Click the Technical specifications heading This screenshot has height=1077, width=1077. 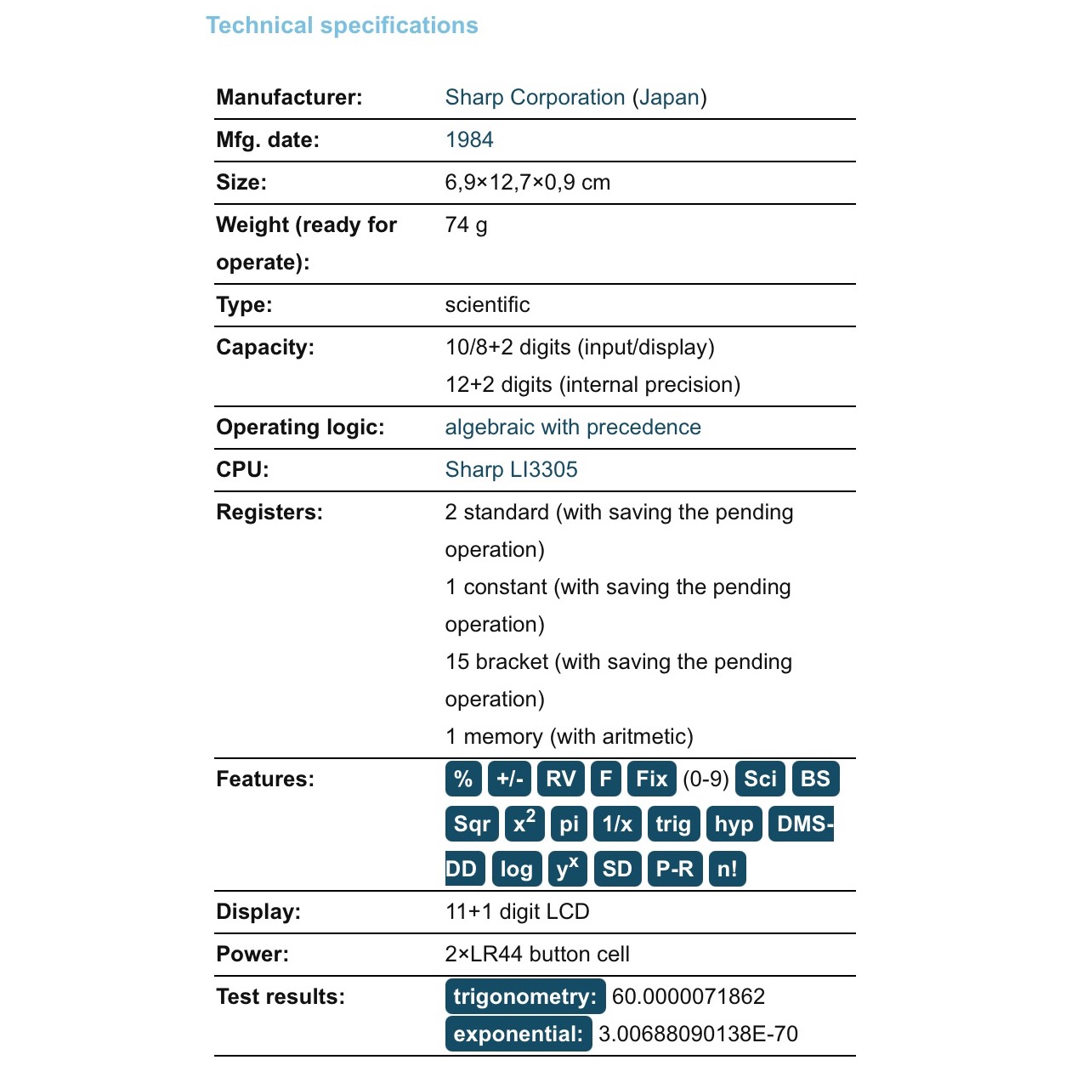coord(342,26)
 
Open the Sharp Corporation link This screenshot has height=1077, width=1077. coord(535,98)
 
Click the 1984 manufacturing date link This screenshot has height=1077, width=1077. coord(469,140)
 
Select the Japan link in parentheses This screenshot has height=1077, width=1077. coord(669,98)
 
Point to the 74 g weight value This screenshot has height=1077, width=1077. coord(466,225)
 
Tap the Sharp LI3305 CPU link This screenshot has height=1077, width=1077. coord(511,470)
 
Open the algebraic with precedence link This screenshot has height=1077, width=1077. coord(573,428)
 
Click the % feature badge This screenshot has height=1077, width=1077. coord(463,779)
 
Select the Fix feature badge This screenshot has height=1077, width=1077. coord(652,779)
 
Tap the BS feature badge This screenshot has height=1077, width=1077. coord(815,779)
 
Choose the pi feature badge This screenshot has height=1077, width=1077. coord(569,824)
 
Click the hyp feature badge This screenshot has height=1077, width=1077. coord(734,824)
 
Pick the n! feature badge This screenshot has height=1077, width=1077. coord(727,869)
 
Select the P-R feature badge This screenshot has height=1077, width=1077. coord(675,869)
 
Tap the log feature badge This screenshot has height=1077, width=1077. coord(516,869)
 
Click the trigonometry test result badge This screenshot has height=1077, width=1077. coord(525,996)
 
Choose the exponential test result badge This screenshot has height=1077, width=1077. coord(519,1034)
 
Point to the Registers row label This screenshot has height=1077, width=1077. coord(269,513)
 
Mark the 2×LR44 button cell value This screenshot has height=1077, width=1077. coord(537,954)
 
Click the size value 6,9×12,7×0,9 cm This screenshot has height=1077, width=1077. coord(528,183)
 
